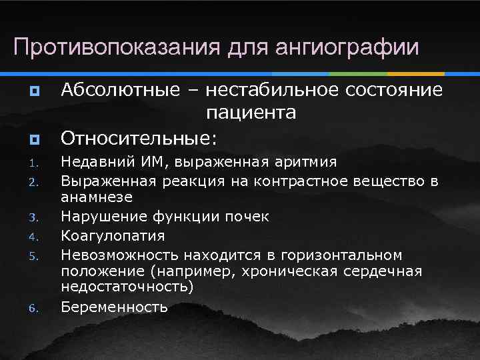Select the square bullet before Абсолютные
[x=33, y=90]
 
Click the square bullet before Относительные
[x=33, y=139]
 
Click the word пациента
[x=251, y=113]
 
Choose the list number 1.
[x=33, y=162]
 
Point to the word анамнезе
[x=97, y=197]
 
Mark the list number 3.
[x=33, y=217]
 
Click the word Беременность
[x=114, y=307]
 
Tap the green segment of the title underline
[x=358, y=73]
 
